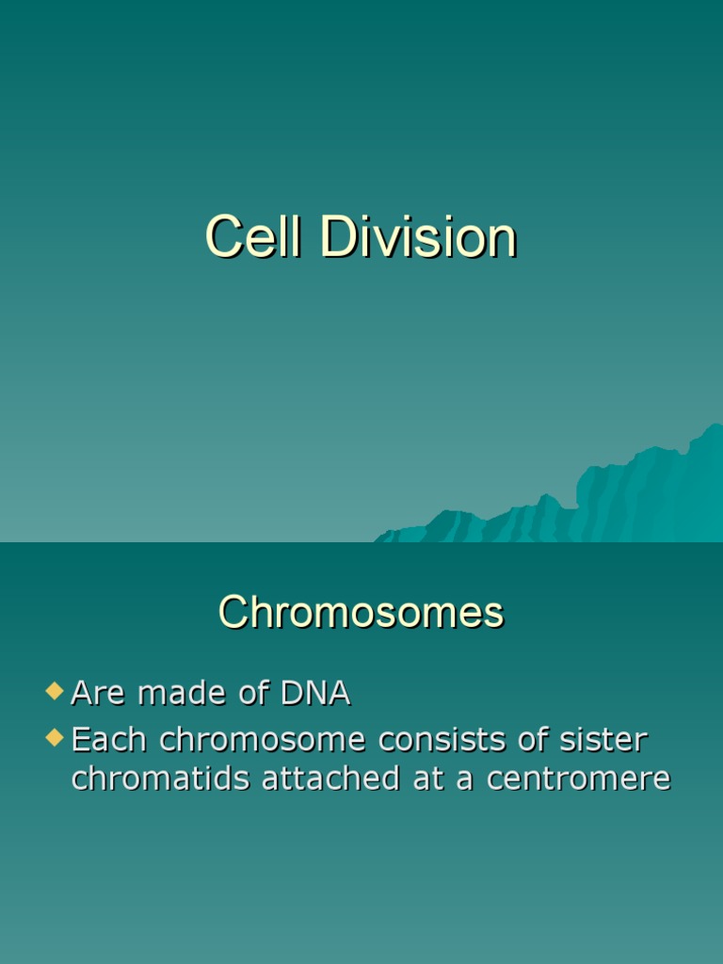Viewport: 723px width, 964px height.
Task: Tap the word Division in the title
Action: coord(418,236)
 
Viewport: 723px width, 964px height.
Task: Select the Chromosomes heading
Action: coord(361,613)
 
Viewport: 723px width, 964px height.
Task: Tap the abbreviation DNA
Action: coord(314,694)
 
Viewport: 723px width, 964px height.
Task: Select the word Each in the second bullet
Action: coord(109,740)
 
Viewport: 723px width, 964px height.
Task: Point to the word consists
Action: coord(437,740)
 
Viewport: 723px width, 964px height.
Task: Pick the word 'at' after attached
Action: coord(431,779)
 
